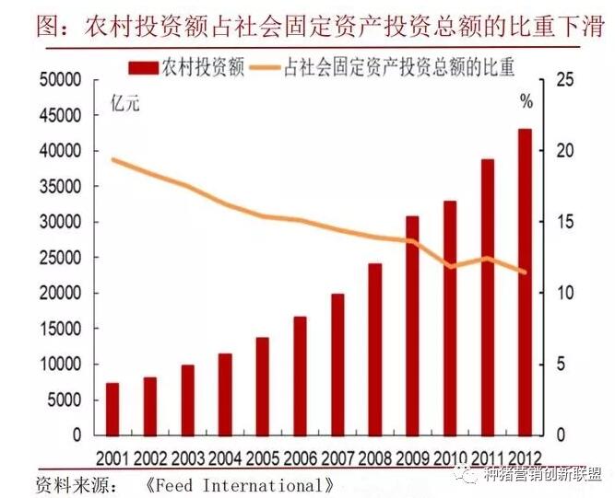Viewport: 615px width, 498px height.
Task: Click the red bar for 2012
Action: coord(526,282)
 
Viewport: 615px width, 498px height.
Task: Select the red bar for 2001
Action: coord(112,409)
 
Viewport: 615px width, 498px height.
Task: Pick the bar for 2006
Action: coord(301,376)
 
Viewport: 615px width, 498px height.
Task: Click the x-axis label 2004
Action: coord(225,457)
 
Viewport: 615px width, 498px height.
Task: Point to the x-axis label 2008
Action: coord(375,457)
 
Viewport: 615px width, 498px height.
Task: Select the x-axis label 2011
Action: coord(488,457)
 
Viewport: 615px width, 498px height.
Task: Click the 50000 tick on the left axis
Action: coord(61,80)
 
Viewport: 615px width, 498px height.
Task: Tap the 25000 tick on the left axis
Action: coord(61,258)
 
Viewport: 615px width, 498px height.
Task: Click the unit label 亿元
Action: coord(124,103)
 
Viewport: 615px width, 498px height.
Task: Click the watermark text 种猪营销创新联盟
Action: coord(543,475)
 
